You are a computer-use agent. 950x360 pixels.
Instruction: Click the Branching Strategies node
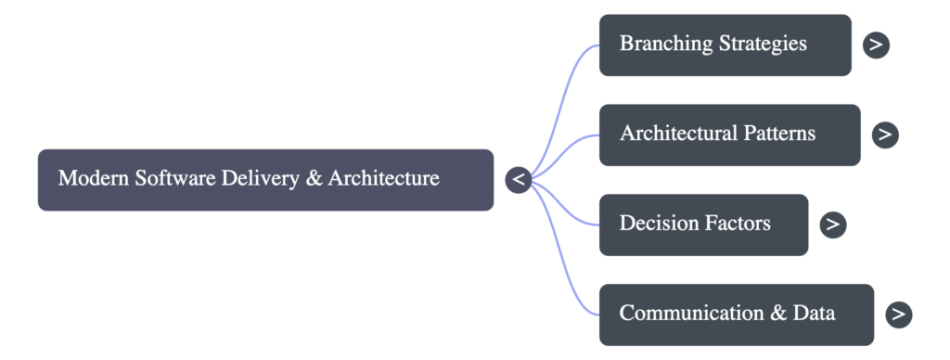click(x=725, y=45)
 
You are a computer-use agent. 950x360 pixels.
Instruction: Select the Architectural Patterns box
click(x=729, y=135)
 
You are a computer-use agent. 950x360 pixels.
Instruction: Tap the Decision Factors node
click(x=703, y=225)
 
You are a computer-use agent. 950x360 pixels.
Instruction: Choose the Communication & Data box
click(x=736, y=314)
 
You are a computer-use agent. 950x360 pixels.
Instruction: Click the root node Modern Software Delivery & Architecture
click(x=265, y=179)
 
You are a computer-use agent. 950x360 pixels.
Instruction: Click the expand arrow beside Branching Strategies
click(x=876, y=45)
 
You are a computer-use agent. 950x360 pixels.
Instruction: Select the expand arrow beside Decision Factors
click(x=833, y=225)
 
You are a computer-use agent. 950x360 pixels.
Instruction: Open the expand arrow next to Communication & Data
click(x=898, y=314)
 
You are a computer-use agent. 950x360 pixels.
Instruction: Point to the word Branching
click(x=665, y=44)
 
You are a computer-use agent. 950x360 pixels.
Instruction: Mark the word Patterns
click(x=779, y=134)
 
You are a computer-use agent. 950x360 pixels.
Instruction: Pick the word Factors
click(x=737, y=224)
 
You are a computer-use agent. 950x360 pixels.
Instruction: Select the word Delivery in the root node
click(x=260, y=178)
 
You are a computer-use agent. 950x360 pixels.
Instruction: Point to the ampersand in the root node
click(x=314, y=178)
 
